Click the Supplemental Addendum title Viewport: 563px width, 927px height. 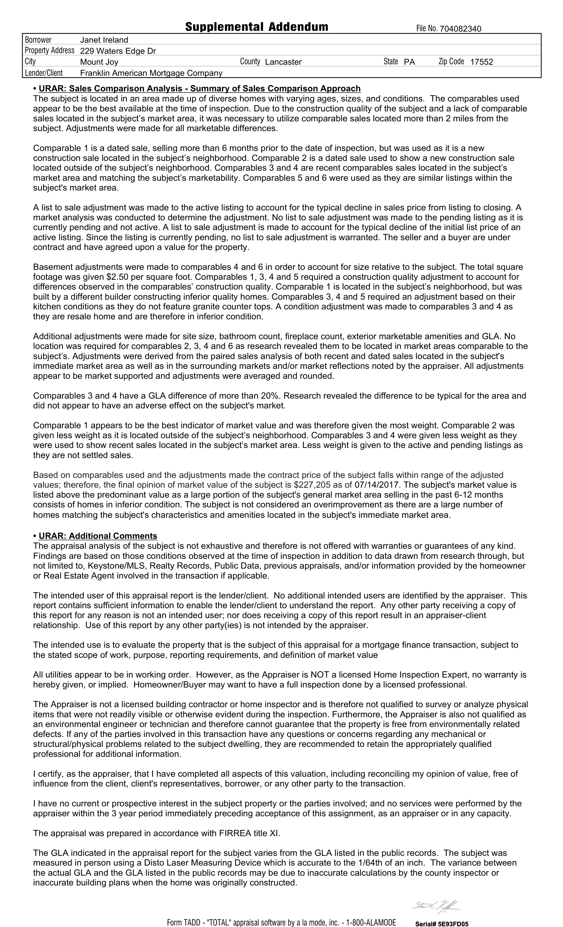(256, 27)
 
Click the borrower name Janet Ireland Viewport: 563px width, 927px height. (104, 40)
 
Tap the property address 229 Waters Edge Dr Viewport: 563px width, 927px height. (118, 51)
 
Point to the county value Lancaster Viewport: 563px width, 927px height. (283, 62)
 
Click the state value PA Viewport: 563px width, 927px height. (409, 62)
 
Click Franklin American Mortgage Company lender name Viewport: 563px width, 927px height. (151, 73)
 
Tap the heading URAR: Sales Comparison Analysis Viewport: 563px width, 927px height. (199, 88)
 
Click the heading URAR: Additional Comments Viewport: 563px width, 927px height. (98, 536)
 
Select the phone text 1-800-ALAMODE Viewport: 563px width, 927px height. (371, 922)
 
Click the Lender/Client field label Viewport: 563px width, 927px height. (44, 73)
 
